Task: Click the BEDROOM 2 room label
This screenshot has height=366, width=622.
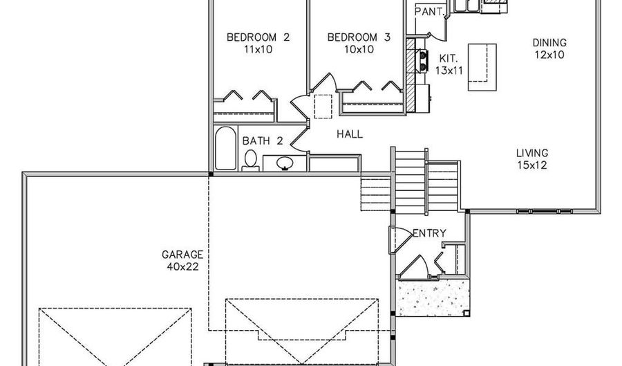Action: coord(258,37)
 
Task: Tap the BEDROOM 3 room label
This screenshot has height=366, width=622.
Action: coord(359,37)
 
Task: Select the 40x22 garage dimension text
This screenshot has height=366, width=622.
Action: coord(182,267)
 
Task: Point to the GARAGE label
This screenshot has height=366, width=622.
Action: coord(182,255)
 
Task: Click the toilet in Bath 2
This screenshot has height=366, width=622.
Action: coord(250,161)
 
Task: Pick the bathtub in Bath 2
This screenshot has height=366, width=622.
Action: coord(225,149)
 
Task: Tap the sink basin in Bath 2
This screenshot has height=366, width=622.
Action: coord(285,163)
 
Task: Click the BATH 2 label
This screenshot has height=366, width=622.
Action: coord(263,141)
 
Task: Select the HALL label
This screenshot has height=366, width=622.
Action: coord(350,134)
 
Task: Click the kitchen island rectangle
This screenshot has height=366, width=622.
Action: coord(482,67)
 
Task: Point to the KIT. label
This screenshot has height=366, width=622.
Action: coord(449,59)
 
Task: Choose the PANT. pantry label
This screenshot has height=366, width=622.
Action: coord(428,12)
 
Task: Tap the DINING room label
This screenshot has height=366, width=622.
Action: coord(549,42)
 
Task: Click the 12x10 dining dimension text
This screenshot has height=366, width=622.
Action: coord(549,55)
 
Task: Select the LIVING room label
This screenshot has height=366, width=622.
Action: coord(532,153)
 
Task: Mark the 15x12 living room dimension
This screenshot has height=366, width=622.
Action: coord(532,165)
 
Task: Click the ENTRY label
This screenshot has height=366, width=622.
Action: coord(430,233)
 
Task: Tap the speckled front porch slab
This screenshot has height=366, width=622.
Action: coord(433,298)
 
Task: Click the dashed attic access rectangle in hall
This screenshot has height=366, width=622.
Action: coord(323,107)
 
